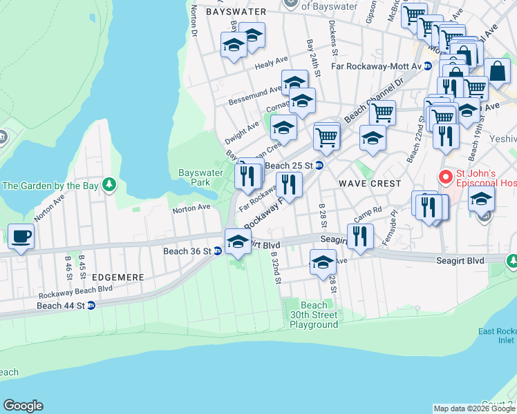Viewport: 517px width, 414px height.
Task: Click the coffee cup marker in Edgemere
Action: pos(21,237)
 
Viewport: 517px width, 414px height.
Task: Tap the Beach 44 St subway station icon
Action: pos(91,305)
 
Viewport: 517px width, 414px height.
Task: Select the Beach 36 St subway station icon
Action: pos(217,251)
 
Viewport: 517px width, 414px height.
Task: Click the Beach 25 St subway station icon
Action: pos(319,166)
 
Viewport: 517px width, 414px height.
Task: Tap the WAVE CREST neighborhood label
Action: pos(370,184)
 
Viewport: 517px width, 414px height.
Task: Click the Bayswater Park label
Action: pos(194,177)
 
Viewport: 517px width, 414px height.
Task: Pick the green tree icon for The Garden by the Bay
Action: pos(108,184)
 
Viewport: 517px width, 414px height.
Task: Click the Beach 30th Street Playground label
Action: pos(314,315)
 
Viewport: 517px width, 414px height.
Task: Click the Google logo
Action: pos(23,406)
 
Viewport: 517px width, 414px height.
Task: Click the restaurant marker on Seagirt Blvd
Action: pos(360,235)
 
